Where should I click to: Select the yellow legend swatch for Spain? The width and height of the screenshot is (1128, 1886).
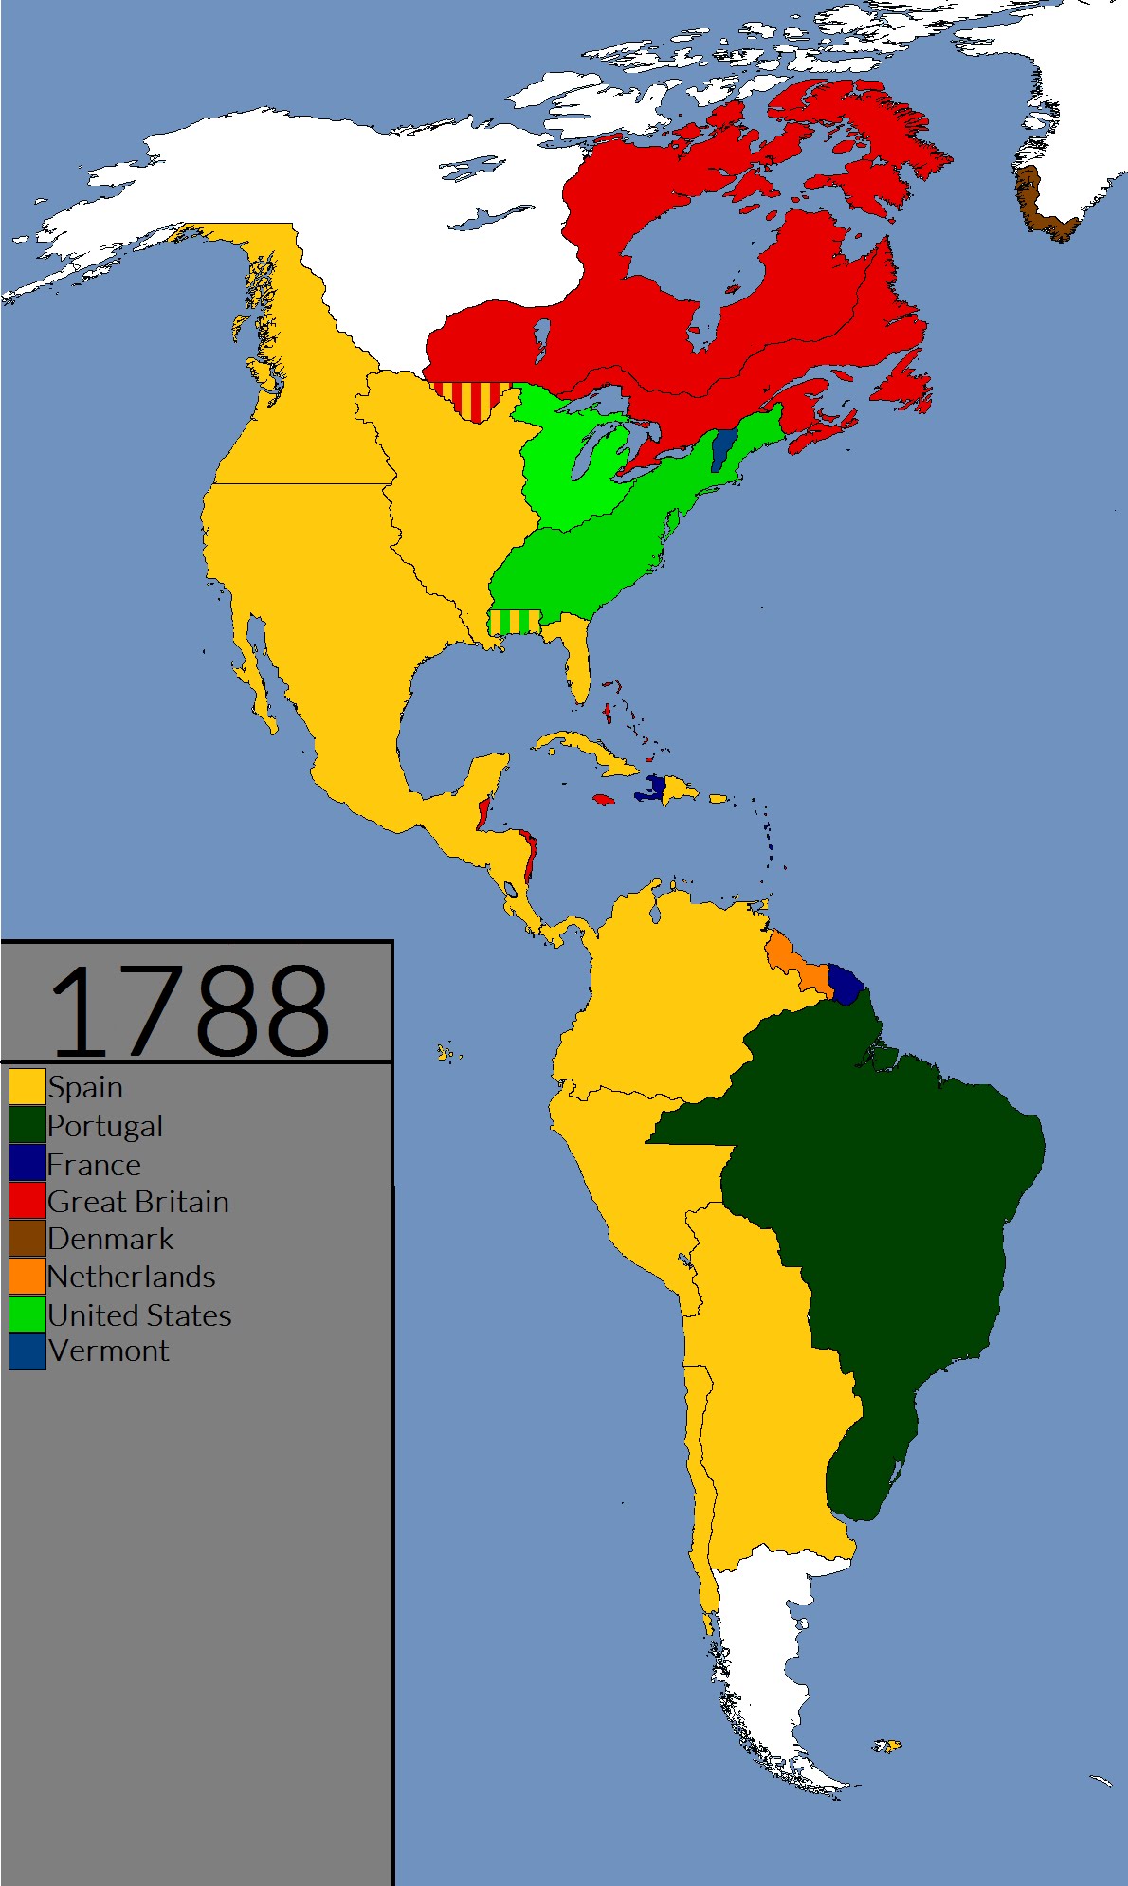point(27,1086)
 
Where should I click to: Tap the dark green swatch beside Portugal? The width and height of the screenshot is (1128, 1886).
point(27,1125)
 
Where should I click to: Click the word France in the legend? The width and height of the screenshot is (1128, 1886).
point(94,1164)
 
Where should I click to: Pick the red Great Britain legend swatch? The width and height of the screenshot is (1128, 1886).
point(27,1201)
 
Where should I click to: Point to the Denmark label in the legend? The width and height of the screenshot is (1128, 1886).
point(111,1239)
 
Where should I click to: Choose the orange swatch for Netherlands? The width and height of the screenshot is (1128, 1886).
point(27,1277)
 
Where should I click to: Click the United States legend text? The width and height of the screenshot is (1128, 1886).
point(139,1315)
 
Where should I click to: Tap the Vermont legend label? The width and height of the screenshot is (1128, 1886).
point(109,1351)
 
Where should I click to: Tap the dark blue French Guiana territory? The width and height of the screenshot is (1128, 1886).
point(845,984)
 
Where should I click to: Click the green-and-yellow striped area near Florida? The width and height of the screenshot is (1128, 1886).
point(514,622)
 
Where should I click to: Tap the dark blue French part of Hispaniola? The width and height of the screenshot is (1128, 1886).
point(652,788)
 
